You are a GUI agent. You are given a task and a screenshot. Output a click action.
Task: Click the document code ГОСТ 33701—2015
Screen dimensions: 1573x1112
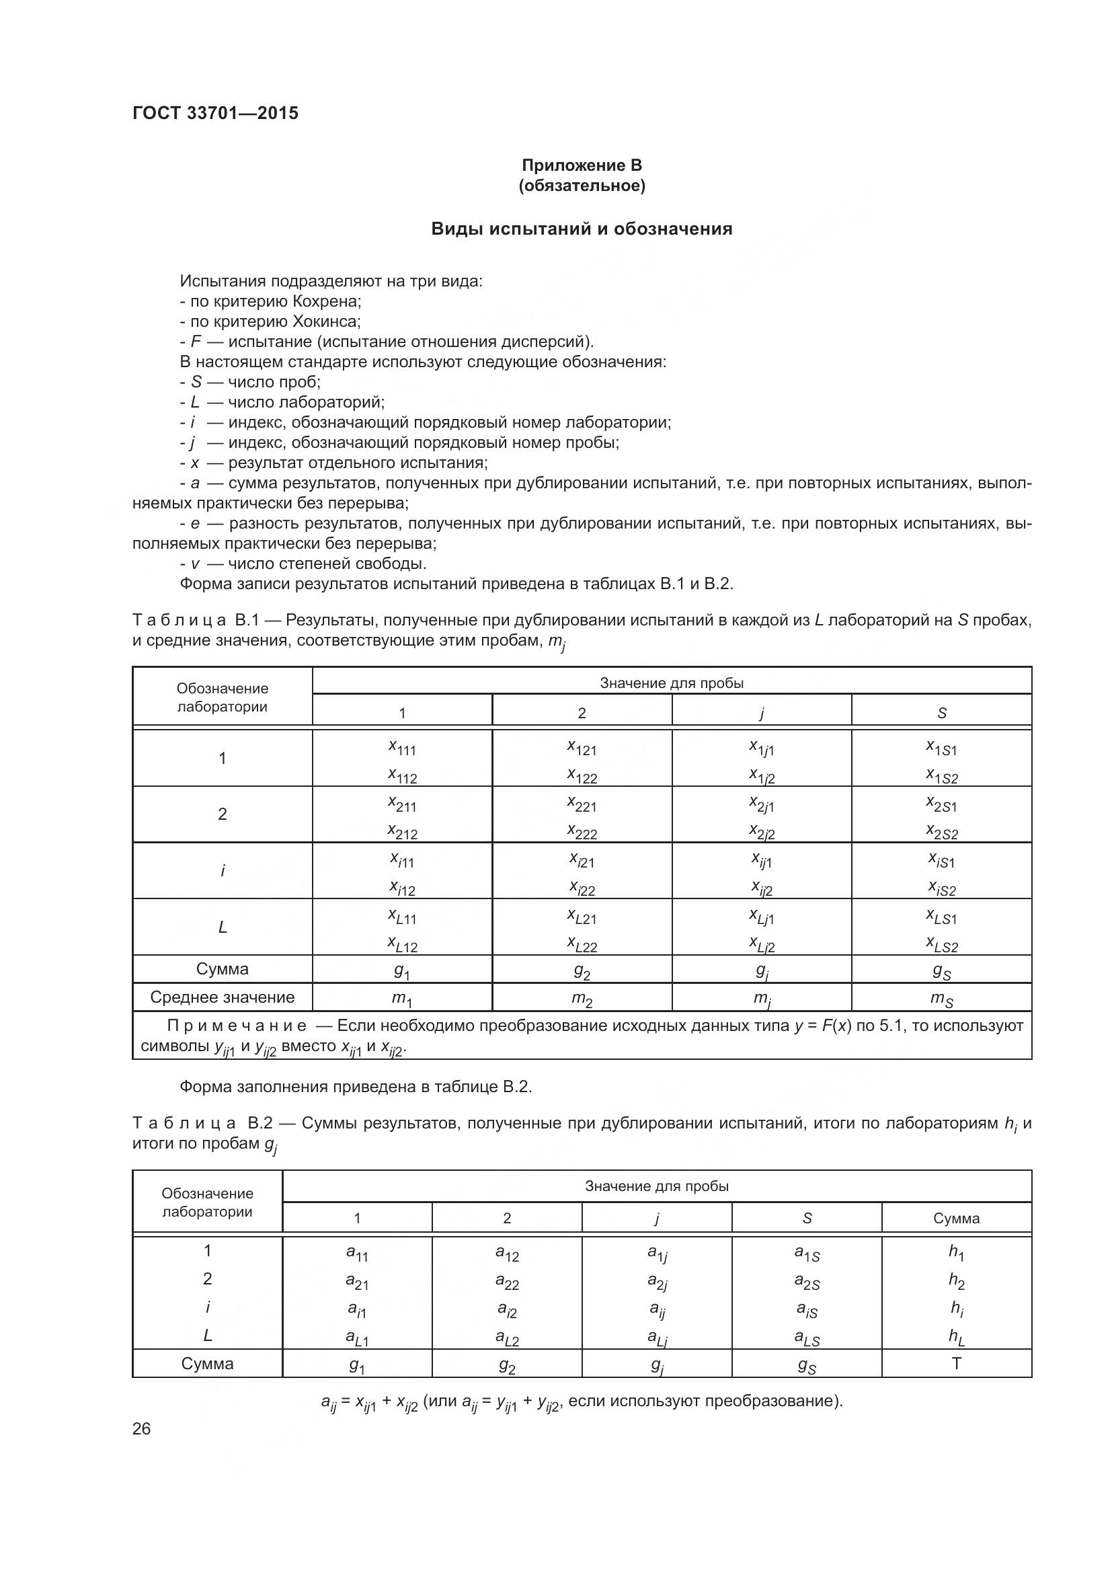(x=215, y=113)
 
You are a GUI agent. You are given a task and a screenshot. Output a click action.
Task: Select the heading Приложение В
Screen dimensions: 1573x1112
(x=582, y=165)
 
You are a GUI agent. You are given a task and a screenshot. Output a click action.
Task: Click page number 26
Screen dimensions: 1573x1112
(x=142, y=1429)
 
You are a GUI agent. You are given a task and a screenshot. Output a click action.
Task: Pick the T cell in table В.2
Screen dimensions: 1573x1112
(x=957, y=1364)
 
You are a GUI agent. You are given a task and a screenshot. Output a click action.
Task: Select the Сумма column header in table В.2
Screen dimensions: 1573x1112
(x=956, y=1218)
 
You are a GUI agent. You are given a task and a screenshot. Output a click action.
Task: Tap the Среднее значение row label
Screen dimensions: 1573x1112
(x=222, y=997)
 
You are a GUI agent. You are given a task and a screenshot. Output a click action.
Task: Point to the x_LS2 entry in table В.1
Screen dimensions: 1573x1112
(x=941, y=946)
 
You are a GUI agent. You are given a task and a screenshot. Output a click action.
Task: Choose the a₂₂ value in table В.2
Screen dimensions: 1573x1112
(x=507, y=1281)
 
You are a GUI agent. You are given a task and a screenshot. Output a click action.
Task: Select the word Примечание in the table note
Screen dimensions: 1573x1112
(x=237, y=1026)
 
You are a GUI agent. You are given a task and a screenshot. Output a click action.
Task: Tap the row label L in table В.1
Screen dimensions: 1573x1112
(x=222, y=927)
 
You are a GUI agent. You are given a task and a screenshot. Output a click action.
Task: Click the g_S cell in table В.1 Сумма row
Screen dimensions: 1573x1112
(x=941, y=971)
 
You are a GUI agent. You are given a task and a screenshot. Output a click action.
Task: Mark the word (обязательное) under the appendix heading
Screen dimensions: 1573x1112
(x=582, y=186)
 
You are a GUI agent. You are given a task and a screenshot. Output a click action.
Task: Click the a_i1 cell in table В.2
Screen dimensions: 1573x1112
(x=357, y=1309)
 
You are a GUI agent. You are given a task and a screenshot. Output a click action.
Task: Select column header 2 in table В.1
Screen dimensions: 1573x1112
(x=582, y=712)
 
